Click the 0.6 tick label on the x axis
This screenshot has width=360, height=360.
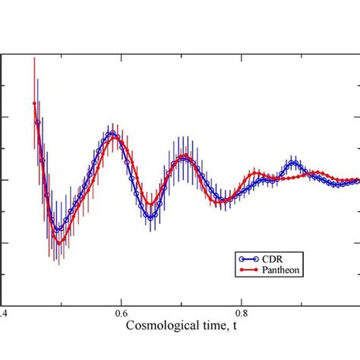pyautogui.click(x=120, y=312)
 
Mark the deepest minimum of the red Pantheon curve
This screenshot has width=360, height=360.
pyautogui.click(x=57, y=242)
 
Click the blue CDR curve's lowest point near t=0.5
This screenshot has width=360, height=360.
pyautogui.click(x=57, y=229)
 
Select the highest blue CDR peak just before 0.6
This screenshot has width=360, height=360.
pyautogui.click(x=112, y=134)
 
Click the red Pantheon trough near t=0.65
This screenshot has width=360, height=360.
pyautogui.click(x=151, y=205)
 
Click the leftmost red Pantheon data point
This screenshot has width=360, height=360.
pyautogui.click(x=34, y=103)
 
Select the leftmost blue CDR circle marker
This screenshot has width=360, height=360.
pyautogui.click(x=37, y=122)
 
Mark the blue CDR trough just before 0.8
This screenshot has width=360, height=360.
pyautogui.click(x=222, y=201)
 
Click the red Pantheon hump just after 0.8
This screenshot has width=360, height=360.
pyautogui.click(x=258, y=174)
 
